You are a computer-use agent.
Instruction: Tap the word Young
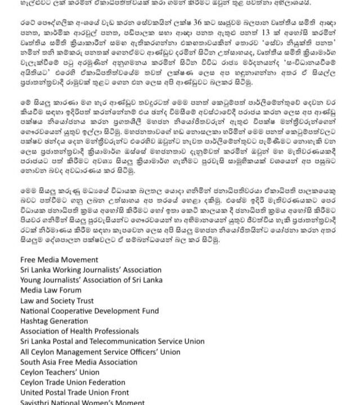(x=31, y=280)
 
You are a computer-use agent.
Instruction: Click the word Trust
(x=83, y=300)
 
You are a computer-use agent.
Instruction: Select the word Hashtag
(x=35, y=321)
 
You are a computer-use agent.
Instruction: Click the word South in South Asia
(x=31, y=362)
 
